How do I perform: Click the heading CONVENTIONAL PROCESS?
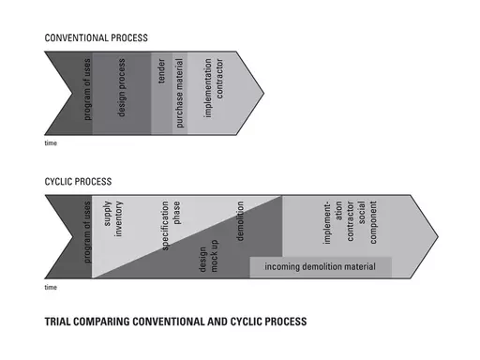pos(96,38)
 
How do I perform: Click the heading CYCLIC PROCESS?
pos(79,181)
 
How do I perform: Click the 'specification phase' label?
pos(171,225)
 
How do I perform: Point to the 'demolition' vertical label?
pos(241,221)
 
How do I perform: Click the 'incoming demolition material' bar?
pos(320,268)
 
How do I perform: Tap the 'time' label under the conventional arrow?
pos(51,143)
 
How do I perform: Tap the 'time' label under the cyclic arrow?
pos(51,287)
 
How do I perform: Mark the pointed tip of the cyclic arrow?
pos(437,235)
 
